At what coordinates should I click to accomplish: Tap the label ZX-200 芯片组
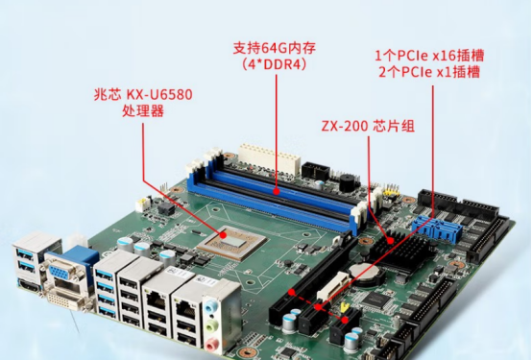[368, 126]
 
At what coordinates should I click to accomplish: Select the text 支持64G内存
[274, 48]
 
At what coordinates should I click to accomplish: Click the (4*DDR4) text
[274, 64]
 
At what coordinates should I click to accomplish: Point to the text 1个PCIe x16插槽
[429, 56]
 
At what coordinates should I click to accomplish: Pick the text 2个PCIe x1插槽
[429, 72]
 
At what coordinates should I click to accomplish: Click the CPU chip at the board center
[232, 242]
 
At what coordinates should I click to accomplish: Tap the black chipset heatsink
[403, 249]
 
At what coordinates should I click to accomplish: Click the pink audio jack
[211, 346]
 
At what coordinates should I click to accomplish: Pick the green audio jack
[211, 326]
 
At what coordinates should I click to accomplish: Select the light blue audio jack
[211, 307]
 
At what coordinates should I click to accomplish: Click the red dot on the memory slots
[277, 191]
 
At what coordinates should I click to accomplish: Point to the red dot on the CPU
[223, 234]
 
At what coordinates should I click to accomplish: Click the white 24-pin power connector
[270, 157]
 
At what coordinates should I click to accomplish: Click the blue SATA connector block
[438, 228]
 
